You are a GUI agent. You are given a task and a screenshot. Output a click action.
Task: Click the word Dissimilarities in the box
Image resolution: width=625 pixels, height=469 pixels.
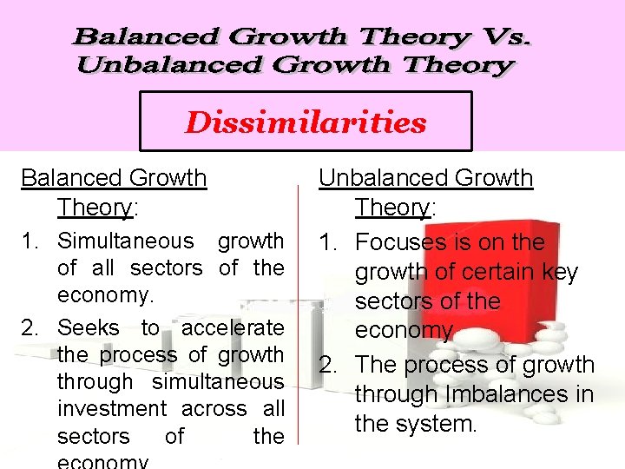coord(306,122)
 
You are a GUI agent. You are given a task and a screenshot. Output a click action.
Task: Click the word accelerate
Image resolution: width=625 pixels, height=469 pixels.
coord(233,327)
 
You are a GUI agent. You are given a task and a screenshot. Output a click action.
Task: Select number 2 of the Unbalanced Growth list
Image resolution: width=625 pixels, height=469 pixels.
coord(328,365)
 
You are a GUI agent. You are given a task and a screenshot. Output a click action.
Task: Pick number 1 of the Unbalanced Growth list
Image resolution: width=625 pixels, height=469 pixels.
coord(328,242)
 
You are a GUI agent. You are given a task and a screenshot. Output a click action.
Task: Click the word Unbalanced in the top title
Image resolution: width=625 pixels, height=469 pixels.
coord(150,65)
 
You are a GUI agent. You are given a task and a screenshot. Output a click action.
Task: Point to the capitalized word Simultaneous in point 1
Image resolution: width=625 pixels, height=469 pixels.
coord(126,241)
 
